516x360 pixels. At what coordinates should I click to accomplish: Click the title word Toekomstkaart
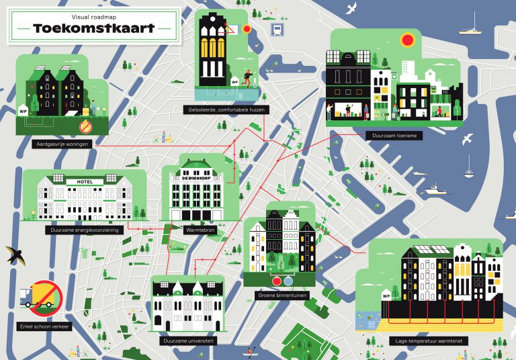(x=94, y=28)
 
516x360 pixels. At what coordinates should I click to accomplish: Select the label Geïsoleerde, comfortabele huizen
(x=221, y=109)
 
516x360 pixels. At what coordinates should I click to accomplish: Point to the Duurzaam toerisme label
(x=394, y=136)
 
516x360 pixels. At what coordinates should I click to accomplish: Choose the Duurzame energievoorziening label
(x=83, y=230)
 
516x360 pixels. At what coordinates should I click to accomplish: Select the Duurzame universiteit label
(x=188, y=341)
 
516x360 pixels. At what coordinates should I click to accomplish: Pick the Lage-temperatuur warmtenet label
(x=428, y=341)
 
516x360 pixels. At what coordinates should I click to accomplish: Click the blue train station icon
(x=275, y=29)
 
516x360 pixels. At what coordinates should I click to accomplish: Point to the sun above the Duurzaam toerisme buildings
(x=407, y=40)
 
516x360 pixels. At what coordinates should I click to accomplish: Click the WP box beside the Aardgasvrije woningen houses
(x=24, y=110)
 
